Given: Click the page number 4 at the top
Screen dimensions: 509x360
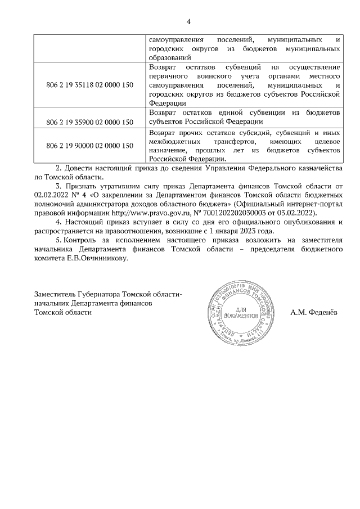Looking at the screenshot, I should [x=188, y=22].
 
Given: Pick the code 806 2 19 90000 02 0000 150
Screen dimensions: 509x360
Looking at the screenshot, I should [x=89, y=146].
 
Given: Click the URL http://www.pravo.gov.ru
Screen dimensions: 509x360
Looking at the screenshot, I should [x=127, y=213].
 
